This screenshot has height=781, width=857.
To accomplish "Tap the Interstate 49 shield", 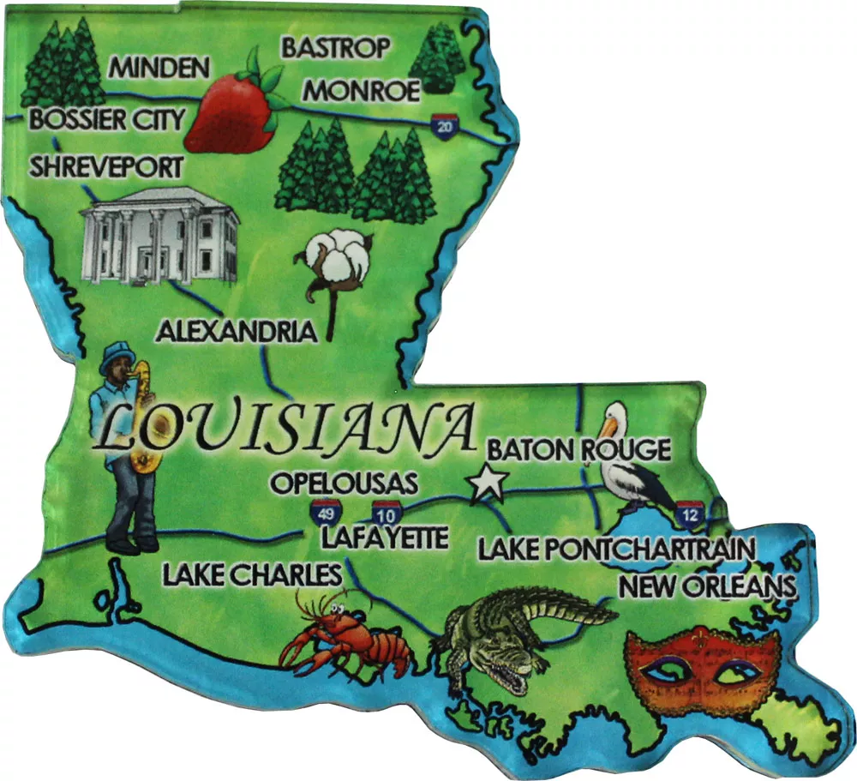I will coord(324,513).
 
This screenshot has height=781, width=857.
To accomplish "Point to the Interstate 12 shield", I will coord(688,513).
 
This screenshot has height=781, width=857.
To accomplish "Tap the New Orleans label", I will coord(707,587).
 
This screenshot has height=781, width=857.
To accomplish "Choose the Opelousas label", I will coord(344,482).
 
